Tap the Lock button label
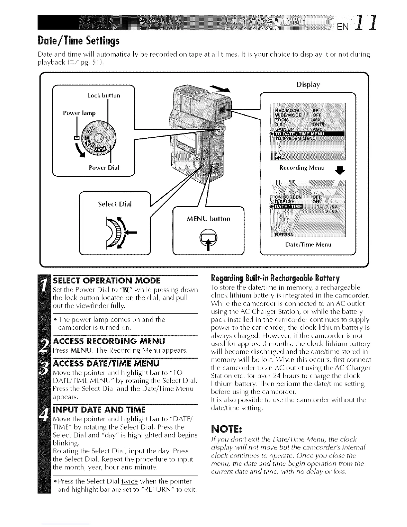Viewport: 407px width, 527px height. (x=103, y=95)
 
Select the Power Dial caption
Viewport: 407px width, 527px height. (x=104, y=167)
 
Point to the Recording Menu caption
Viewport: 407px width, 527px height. (x=302, y=168)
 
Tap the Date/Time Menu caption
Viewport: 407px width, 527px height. (x=308, y=245)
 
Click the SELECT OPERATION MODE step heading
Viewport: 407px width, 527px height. (x=106, y=280)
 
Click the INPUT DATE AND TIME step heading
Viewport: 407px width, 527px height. (x=99, y=409)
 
